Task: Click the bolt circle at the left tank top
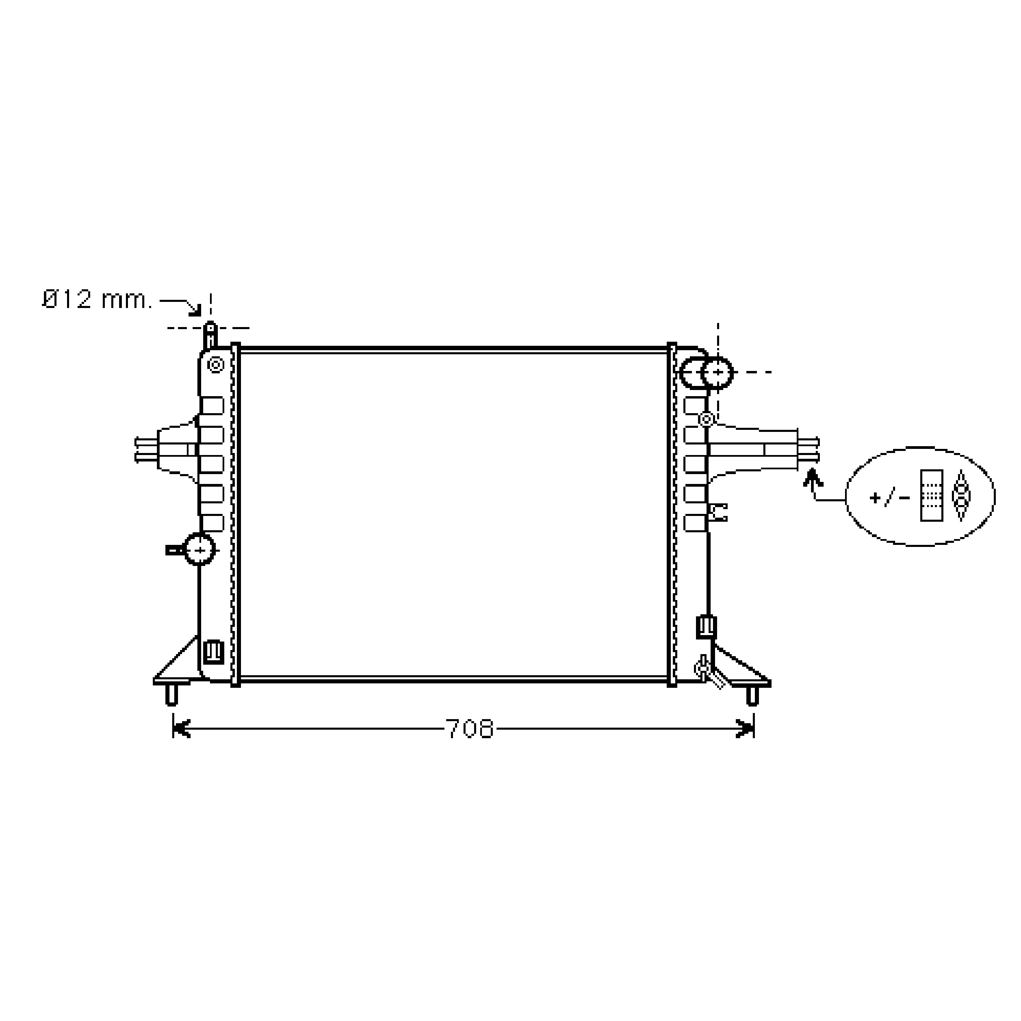(216, 364)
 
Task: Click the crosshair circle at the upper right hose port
(717, 373)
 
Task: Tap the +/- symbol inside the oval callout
(890, 497)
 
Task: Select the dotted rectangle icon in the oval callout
(932, 495)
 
